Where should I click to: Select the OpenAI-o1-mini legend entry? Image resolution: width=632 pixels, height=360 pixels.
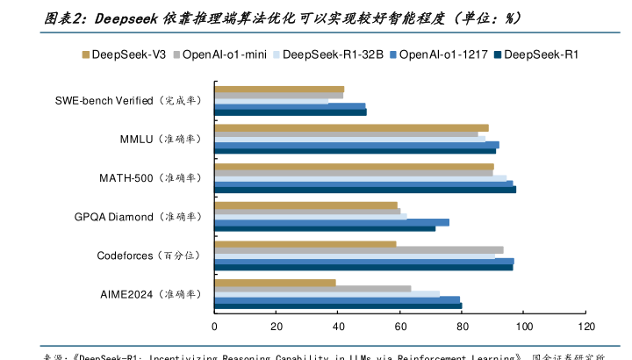pyautogui.click(x=219, y=54)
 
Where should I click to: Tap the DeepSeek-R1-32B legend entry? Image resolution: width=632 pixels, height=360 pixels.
pyautogui.click(x=327, y=54)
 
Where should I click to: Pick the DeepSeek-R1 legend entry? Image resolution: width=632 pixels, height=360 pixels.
pyautogui.click(x=542, y=54)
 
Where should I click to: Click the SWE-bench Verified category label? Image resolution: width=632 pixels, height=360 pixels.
pyautogui.click(x=126, y=101)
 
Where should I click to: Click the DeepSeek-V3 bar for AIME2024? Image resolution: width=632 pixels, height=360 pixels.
pyautogui.click(x=276, y=283)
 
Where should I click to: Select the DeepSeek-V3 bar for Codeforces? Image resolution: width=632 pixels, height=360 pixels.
pyautogui.click(x=305, y=244)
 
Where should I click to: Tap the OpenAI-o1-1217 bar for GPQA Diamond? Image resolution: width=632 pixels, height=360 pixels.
pyautogui.click(x=332, y=222)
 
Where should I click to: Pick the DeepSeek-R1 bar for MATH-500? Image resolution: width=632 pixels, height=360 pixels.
pyautogui.click(x=365, y=189)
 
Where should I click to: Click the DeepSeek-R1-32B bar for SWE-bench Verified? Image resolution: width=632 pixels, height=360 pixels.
pyautogui.click(x=271, y=101)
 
